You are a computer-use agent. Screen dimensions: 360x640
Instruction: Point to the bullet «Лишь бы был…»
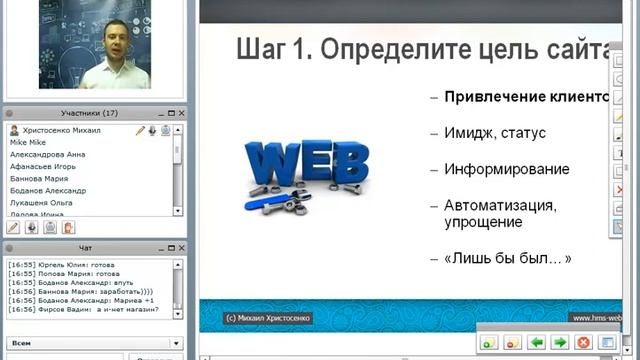[507, 258]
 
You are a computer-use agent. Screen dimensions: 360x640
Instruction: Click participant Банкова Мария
[39, 179]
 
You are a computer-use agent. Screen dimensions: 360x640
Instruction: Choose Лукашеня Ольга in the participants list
[42, 201]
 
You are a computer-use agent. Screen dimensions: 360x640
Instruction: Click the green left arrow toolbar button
[537, 342]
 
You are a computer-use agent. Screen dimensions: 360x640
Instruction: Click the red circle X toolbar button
[583, 342]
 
